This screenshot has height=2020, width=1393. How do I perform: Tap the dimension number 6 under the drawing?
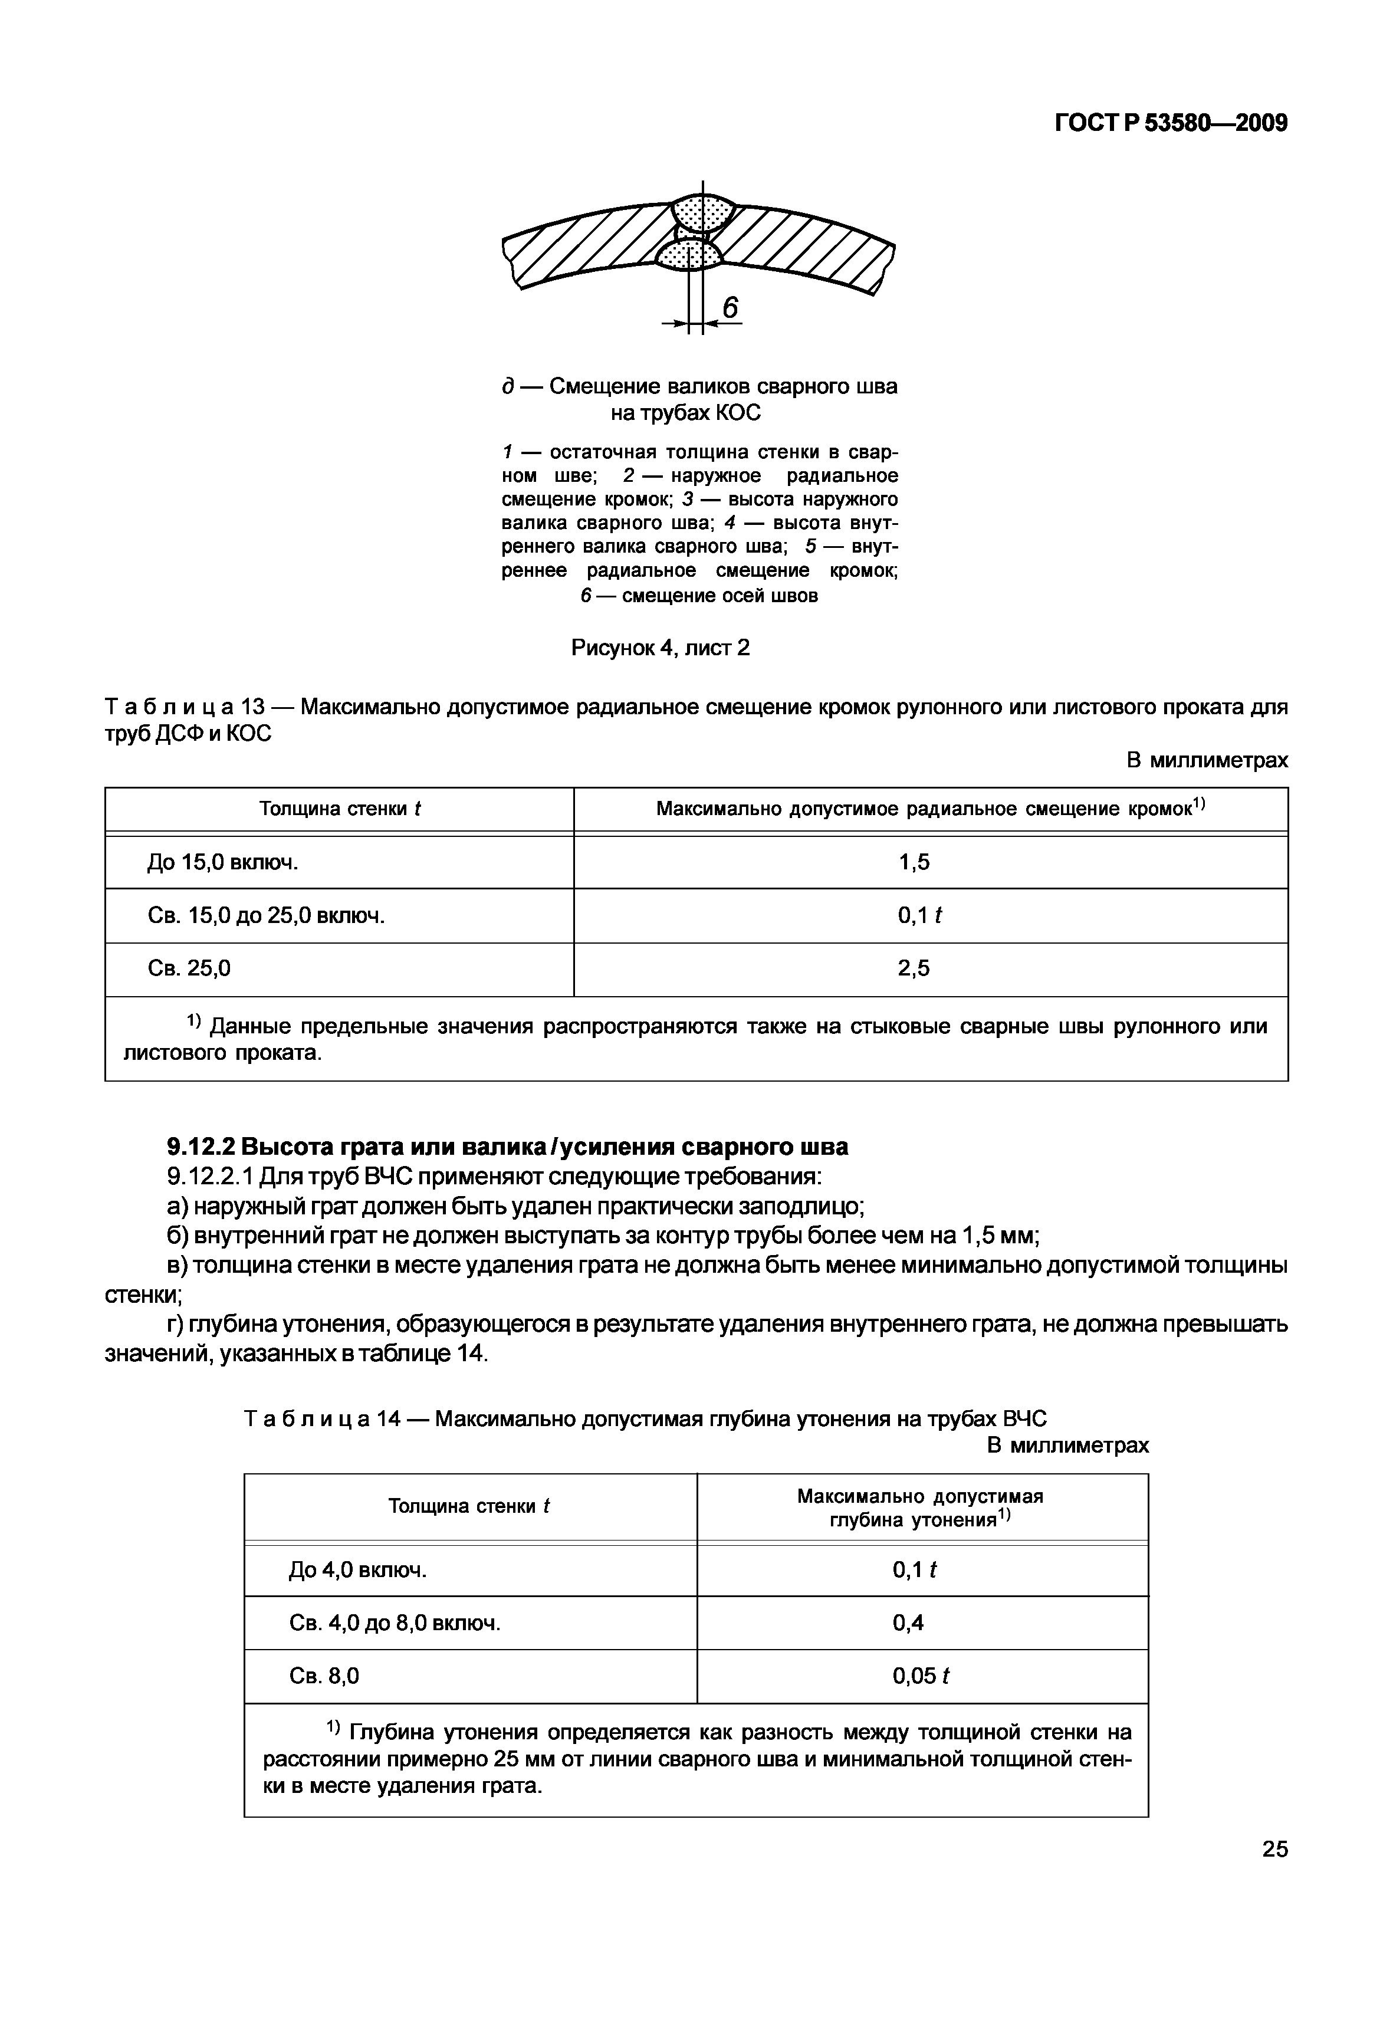(731, 307)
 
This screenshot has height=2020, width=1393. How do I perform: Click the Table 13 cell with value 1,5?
(914, 862)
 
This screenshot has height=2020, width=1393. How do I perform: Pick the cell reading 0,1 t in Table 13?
(919, 916)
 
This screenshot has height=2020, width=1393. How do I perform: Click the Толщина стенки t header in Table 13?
(340, 809)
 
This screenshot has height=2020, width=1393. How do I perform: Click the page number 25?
(1274, 1849)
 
